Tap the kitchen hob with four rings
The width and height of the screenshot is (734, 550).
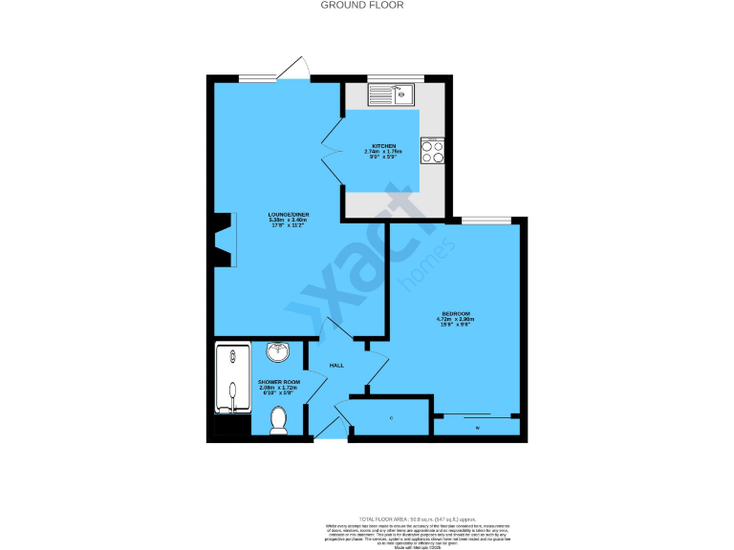click(432, 153)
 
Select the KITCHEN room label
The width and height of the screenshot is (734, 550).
click(384, 146)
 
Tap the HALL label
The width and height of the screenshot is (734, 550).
click(336, 366)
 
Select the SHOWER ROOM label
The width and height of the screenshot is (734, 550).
click(279, 382)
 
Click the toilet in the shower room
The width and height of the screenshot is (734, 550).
click(279, 420)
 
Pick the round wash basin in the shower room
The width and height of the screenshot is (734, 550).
click(278, 352)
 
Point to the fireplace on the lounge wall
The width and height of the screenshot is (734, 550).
click(225, 241)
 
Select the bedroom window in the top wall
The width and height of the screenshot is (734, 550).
click(486, 221)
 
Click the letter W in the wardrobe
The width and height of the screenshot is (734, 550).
click(478, 427)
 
